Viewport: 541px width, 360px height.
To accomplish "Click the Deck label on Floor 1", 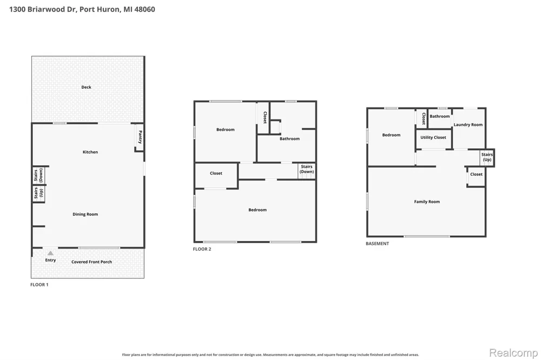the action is click(x=86, y=87).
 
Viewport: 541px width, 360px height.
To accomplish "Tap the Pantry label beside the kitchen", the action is click(x=140, y=137).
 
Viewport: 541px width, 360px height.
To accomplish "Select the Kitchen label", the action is click(x=90, y=152).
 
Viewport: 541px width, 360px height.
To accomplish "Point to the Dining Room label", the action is click(x=85, y=214).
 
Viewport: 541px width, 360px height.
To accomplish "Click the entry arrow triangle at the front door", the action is click(x=50, y=253).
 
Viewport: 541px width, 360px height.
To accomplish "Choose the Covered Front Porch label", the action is click(x=91, y=262).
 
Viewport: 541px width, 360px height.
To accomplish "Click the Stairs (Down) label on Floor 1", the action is click(x=38, y=175).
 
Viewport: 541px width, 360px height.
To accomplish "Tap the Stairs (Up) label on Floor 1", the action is click(x=38, y=193).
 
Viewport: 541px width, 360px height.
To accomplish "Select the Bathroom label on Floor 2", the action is click(x=289, y=138).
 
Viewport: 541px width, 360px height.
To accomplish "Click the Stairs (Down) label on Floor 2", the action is click(x=306, y=169).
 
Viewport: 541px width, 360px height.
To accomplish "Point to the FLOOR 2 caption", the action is click(x=202, y=249).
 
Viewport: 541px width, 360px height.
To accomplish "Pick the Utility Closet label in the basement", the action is click(x=433, y=137).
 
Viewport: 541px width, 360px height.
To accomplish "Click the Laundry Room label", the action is click(x=468, y=125).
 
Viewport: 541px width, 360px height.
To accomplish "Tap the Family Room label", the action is click(x=427, y=202).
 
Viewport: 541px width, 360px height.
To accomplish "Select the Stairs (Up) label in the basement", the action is click(x=487, y=157).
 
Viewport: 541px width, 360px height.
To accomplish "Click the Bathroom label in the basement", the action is click(x=439, y=117).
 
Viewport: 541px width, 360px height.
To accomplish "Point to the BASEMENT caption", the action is click(x=377, y=243).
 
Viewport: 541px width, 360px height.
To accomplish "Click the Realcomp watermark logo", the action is click(x=513, y=353).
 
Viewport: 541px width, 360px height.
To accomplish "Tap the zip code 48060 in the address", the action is click(x=144, y=9).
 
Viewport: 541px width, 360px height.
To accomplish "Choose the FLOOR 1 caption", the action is click(x=39, y=284).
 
